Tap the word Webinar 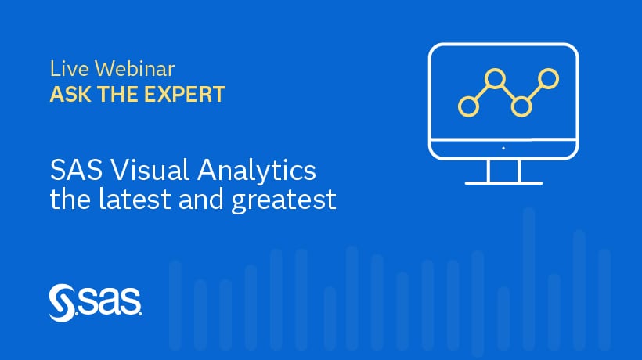[122, 69]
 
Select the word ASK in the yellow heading [67, 95]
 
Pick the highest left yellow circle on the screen [494, 78]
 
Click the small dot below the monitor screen [503, 147]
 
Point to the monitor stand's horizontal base [503, 182]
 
